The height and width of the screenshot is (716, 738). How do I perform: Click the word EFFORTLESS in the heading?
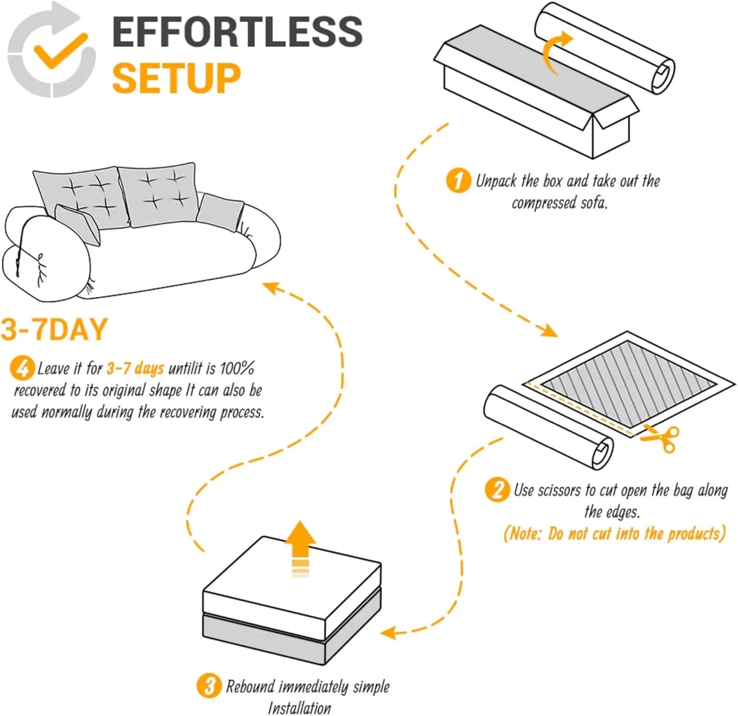237,32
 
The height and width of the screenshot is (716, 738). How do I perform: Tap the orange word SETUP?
176,78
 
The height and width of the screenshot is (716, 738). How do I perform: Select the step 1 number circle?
458,181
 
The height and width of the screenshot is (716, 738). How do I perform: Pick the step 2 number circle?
497,490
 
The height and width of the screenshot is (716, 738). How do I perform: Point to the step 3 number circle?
209,685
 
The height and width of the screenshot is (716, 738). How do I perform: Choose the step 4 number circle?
22,368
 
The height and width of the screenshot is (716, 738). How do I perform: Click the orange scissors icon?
661,438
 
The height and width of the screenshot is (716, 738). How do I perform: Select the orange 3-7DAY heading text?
54,329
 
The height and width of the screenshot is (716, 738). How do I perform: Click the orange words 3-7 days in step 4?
135,368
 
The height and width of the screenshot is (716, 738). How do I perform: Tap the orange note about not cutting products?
614,534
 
